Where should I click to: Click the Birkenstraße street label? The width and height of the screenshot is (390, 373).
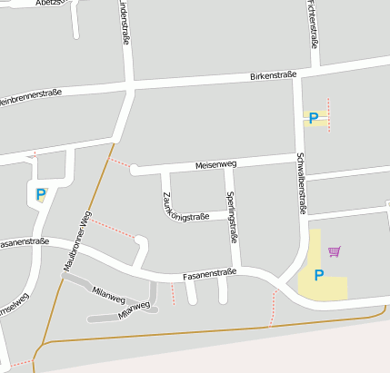click(274, 76)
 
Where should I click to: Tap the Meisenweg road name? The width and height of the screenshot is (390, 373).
click(215, 165)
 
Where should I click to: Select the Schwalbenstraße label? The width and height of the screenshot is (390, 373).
click(299, 182)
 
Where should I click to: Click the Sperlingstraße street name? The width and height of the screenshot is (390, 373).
click(233, 217)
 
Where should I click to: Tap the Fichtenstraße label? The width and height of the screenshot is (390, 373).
click(314, 25)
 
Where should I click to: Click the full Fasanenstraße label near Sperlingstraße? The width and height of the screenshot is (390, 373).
click(209, 272)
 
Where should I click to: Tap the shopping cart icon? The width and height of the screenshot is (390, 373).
click(335, 251)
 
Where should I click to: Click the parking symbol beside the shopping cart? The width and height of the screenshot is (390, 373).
click(319, 275)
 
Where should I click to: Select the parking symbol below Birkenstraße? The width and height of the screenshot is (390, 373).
click(314, 118)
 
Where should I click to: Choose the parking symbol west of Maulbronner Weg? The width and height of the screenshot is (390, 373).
click(40, 193)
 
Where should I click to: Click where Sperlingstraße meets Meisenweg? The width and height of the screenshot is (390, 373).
click(226, 164)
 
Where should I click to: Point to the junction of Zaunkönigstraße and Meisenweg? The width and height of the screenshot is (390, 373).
click(164, 169)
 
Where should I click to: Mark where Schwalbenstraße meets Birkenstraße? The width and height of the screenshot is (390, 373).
click(296, 74)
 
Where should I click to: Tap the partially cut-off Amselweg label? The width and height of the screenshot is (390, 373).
click(15, 299)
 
